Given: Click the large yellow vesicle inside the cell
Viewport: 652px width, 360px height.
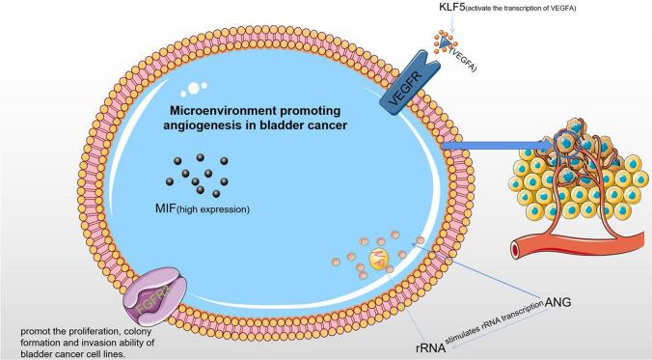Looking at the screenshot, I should [x=382, y=258].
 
